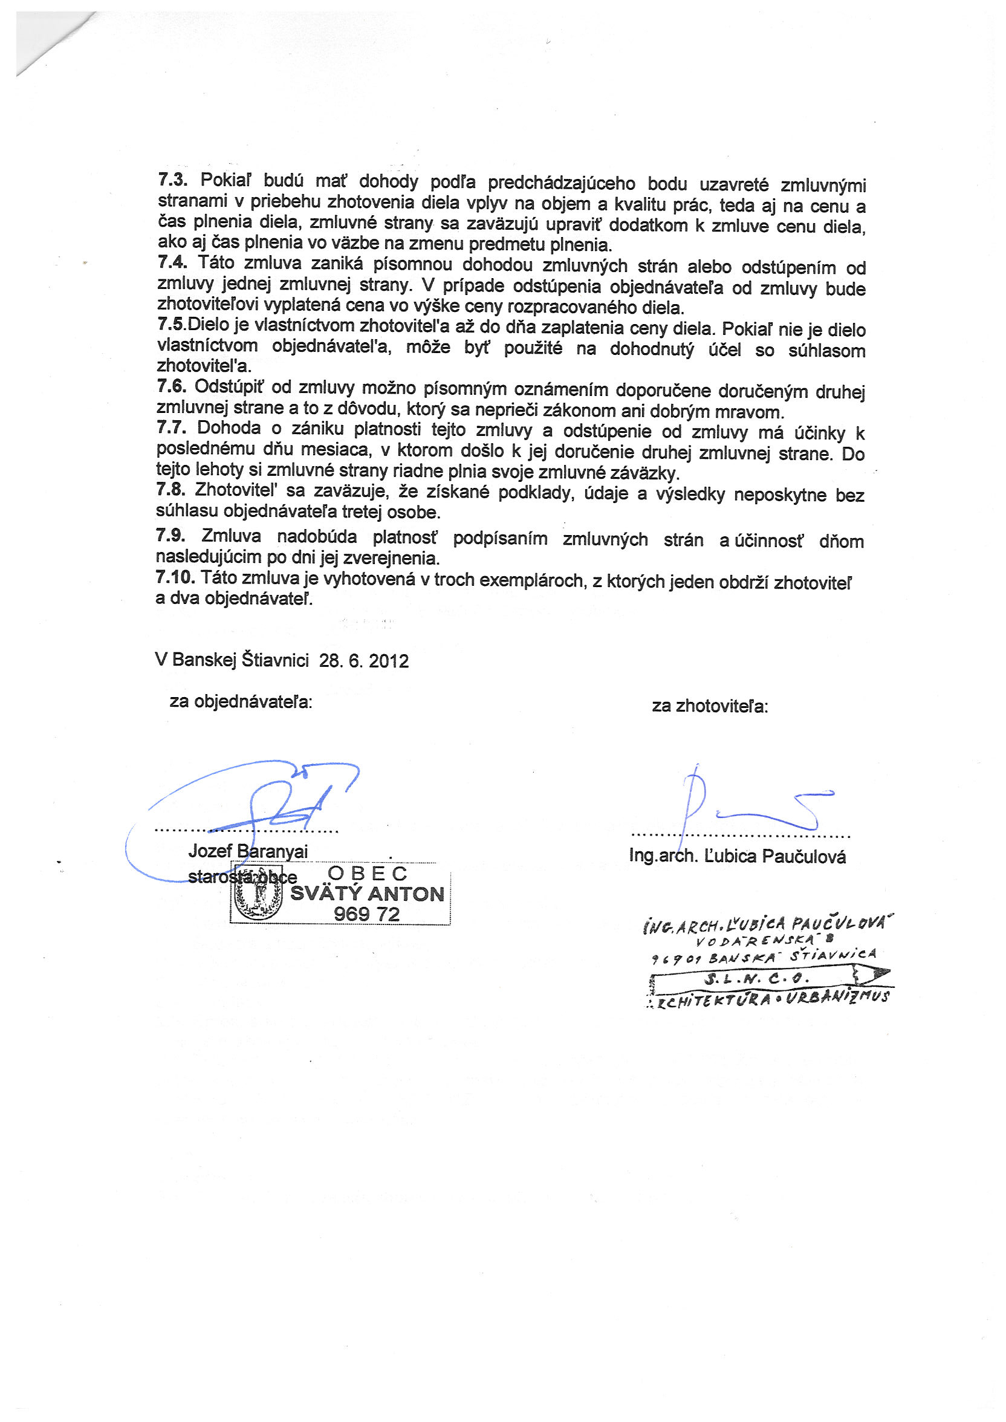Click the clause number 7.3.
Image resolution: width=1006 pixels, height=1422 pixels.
172,180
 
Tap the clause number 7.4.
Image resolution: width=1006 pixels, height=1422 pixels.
172,262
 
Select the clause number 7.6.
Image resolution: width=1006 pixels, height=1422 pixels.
171,386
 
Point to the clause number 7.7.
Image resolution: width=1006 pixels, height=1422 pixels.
171,427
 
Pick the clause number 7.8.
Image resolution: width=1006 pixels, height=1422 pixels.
170,490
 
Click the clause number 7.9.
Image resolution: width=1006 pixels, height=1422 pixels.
170,536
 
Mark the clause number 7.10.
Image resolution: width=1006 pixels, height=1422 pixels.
175,579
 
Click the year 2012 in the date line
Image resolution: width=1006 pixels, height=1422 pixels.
388,661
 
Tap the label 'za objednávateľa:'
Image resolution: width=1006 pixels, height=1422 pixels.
241,702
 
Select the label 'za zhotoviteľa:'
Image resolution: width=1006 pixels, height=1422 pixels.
710,706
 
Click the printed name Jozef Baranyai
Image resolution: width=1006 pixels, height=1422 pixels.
248,851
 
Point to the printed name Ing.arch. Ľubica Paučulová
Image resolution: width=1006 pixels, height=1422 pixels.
737,856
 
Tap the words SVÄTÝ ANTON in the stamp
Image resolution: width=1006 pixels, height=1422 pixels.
368,894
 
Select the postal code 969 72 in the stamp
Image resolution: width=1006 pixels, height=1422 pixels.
367,914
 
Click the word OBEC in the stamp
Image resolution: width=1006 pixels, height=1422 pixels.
368,873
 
